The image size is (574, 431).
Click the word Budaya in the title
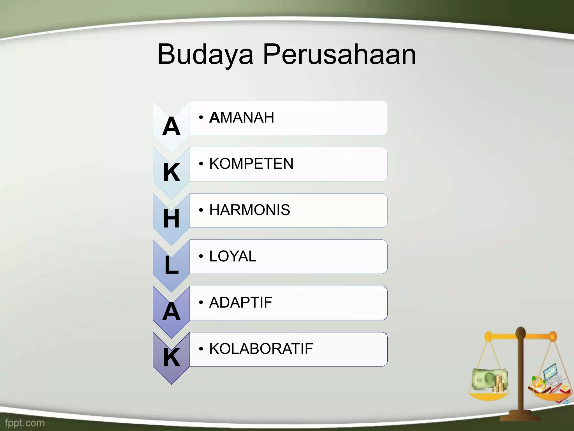pyautogui.click(x=205, y=54)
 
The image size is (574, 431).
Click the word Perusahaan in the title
pyautogui.click(x=339, y=54)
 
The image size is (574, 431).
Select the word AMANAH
pyautogui.click(x=242, y=117)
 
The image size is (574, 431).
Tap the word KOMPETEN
pyautogui.click(x=251, y=164)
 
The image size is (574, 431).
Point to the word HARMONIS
pyautogui.click(x=249, y=210)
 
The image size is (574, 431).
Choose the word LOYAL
pyautogui.click(x=233, y=256)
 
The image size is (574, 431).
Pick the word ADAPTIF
pyautogui.click(x=240, y=302)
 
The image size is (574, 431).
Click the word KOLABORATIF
pyautogui.click(x=261, y=349)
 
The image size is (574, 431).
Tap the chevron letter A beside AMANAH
pyautogui.click(x=171, y=127)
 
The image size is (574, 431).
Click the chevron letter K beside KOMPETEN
pyautogui.click(x=172, y=173)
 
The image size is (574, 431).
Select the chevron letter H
pyautogui.click(x=171, y=219)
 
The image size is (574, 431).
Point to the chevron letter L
pyautogui.click(x=171, y=265)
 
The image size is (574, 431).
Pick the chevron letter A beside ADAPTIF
pyautogui.click(x=171, y=311)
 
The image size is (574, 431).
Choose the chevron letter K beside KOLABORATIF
pyautogui.click(x=172, y=357)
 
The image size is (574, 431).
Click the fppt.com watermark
pyautogui.click(x=25, y=423)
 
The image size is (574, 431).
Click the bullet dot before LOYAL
pyautogui.click(x=201, y=256)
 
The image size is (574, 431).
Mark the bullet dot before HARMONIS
pyautogui.click(x=201, y=210)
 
